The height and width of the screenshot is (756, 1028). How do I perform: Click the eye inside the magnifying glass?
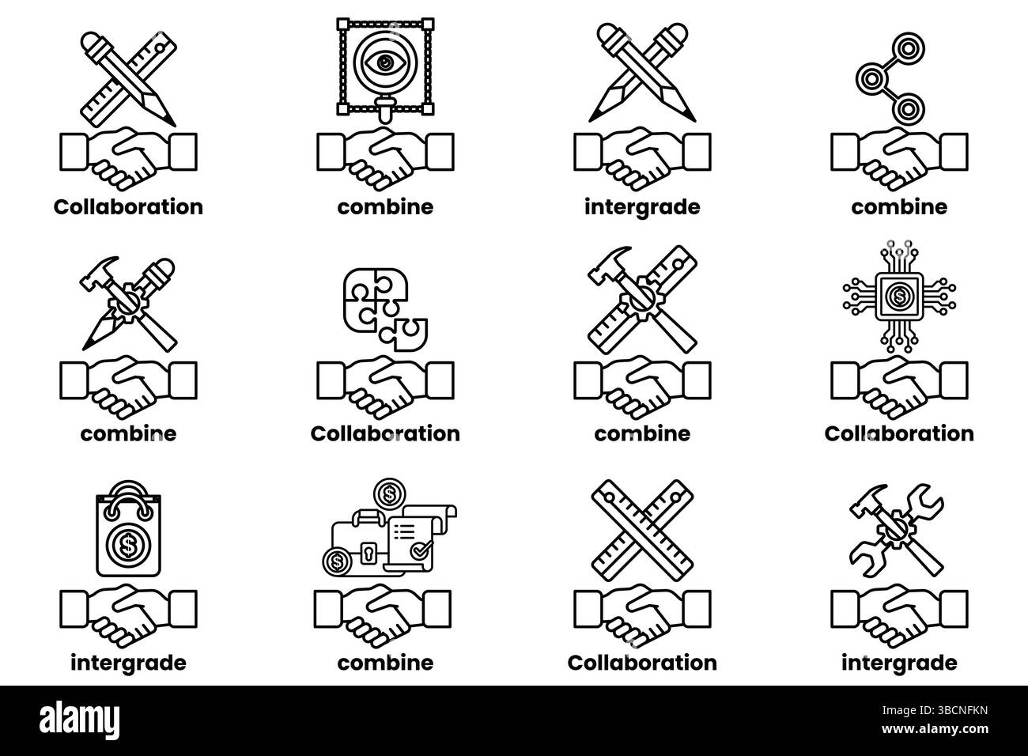coord(384,62)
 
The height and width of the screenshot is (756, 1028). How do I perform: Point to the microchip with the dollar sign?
coord(900,297)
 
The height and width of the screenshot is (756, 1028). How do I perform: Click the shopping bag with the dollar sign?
coord(128,528)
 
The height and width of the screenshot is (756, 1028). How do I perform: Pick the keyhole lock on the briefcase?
coord(367,553)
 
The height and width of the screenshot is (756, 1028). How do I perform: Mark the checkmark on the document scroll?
coord(421,549)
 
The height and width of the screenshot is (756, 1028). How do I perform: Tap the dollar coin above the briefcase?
coord(390,494)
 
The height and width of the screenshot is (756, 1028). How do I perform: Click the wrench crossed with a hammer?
coord(896,531)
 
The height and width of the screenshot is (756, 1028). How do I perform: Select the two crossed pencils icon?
coord(642,73)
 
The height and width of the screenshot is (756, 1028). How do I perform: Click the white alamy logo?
coord(79,720)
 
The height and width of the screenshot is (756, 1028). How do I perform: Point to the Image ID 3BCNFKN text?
coord(935,711)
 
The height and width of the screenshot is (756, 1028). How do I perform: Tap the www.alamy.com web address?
coord(935,729)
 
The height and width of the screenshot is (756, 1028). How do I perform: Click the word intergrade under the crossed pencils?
coord(642,207)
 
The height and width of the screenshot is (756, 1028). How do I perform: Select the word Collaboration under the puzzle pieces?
coord(386,434)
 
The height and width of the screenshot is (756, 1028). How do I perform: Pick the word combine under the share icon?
coord(900,207)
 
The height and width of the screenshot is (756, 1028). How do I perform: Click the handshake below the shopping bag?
coord(128,615)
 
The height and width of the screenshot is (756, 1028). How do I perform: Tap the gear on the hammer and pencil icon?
coord(125,302)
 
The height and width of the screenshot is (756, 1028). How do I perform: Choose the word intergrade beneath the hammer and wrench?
coord(900,663)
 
